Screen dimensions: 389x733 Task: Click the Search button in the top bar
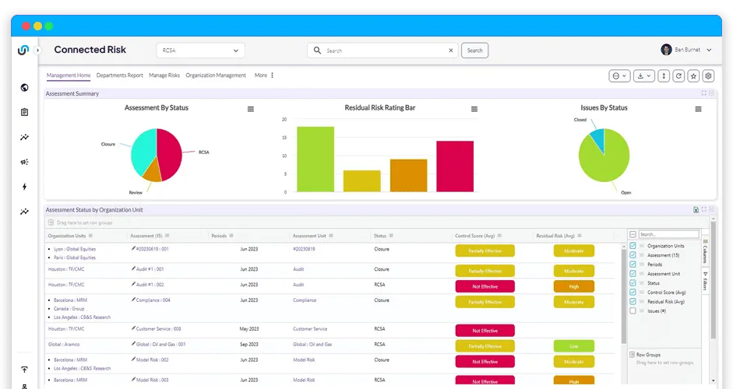click(474, 51)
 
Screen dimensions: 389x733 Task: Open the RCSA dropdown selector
click(200, 51)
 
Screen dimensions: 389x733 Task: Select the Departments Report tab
click(119, 75)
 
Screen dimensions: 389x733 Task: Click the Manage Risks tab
click(164, 75)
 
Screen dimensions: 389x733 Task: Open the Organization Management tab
click(216, 75)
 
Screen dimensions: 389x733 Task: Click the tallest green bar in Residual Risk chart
click(315, 159)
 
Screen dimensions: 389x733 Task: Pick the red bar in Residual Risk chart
click(455, 166)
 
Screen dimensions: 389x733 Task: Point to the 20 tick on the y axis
click(284, 120)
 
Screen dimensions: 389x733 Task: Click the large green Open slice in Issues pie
click(608, 159)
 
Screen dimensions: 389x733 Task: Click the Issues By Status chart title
click(604, 108)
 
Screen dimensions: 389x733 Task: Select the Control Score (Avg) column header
click(478, 236)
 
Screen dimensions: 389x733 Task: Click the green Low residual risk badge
click(573, 345)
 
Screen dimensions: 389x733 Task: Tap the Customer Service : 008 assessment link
click(159, 329)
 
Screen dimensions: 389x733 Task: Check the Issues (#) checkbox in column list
click(633, 311)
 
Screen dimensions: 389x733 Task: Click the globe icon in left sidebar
click(24, 88)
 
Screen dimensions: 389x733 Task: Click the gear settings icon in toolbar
click(708, 76)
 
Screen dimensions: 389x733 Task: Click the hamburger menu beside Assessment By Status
click(251, 109)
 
